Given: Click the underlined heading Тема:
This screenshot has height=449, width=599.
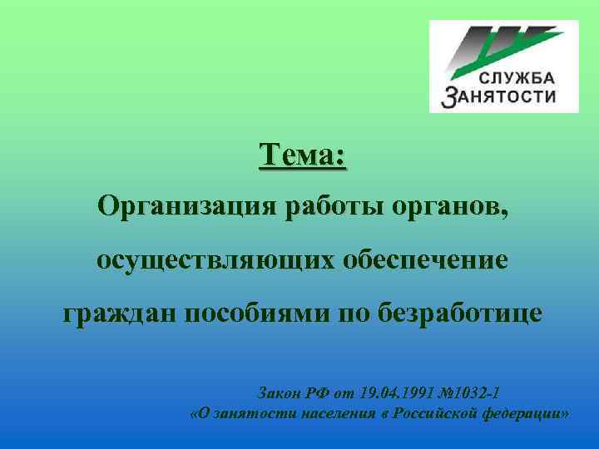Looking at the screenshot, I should pos(303,155).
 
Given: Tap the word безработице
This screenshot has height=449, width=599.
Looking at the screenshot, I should pos(460,313).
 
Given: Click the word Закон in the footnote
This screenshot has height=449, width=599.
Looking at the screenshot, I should pos(282,392).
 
